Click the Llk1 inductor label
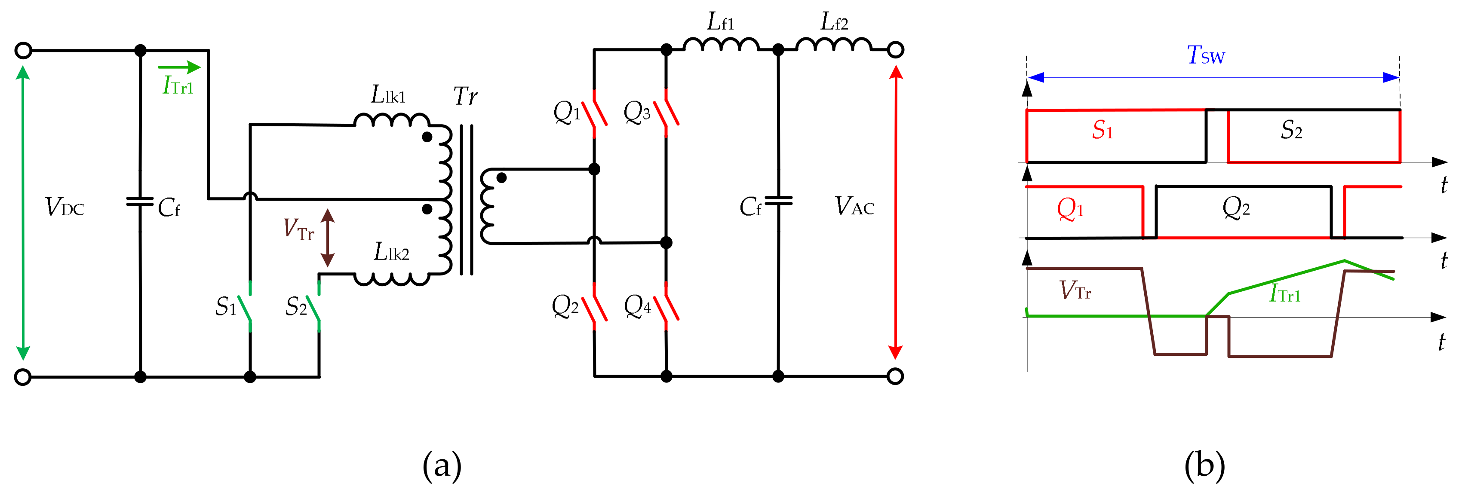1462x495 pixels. point(388,95)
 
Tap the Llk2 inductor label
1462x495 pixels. point(391,252)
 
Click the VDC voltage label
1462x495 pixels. point(64,208)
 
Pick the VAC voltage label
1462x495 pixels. point(854,206)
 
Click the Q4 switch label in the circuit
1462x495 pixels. point(637,306)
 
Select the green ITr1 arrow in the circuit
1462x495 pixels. point(179,67)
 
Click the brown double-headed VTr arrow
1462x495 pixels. point(328,238)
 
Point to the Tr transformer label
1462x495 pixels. point(465,96)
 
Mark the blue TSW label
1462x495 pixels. point(1205,55)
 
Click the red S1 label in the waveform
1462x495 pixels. point(1102,131)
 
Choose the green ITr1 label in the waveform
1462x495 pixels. point(1284,294)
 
